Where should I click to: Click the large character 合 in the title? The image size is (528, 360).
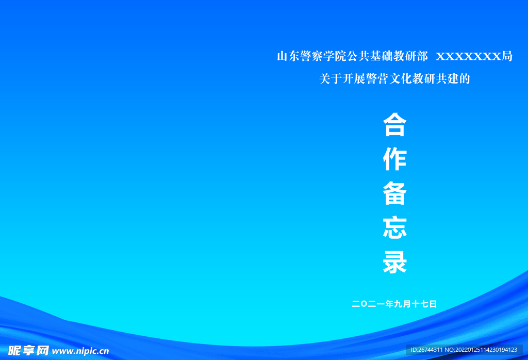coord(395,125)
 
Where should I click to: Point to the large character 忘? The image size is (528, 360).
coord(395,228)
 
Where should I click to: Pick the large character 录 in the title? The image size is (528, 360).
coord(395,263)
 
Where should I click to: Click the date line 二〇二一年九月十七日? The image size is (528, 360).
coord(394,304)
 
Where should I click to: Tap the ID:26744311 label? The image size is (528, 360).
coord(426,350)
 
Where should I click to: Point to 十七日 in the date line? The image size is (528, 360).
coord(424,304)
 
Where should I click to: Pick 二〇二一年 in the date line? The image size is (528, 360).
coord(373,304)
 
